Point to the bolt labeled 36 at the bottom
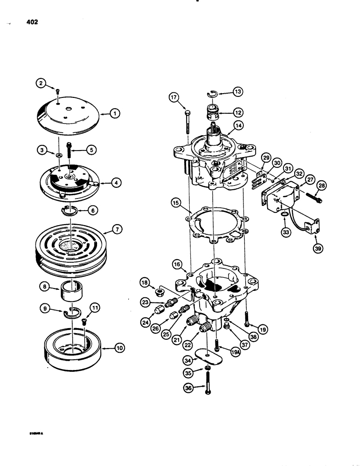pyautogui.click(x=207, y=387)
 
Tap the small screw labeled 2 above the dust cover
pyautogui.click(x=57, y=90)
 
